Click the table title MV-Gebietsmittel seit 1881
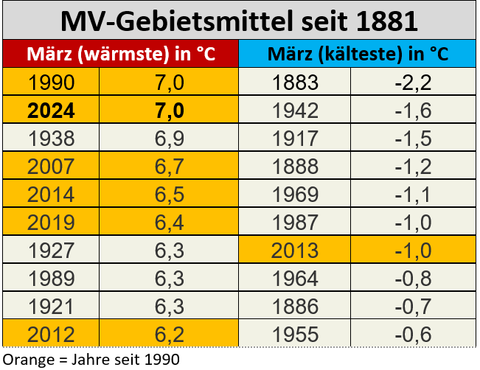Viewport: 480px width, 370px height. click(240, 19)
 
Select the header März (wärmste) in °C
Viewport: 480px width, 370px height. click(121, 54)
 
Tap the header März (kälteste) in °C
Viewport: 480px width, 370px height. click(358, 54)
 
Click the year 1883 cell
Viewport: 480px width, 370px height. click(296, 82)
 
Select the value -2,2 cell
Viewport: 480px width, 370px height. click(413, 82)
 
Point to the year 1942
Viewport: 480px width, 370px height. click(296, 110)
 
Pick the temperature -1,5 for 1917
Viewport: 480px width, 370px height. click(413, 138)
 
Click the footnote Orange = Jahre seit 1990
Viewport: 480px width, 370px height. click(91, 359)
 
